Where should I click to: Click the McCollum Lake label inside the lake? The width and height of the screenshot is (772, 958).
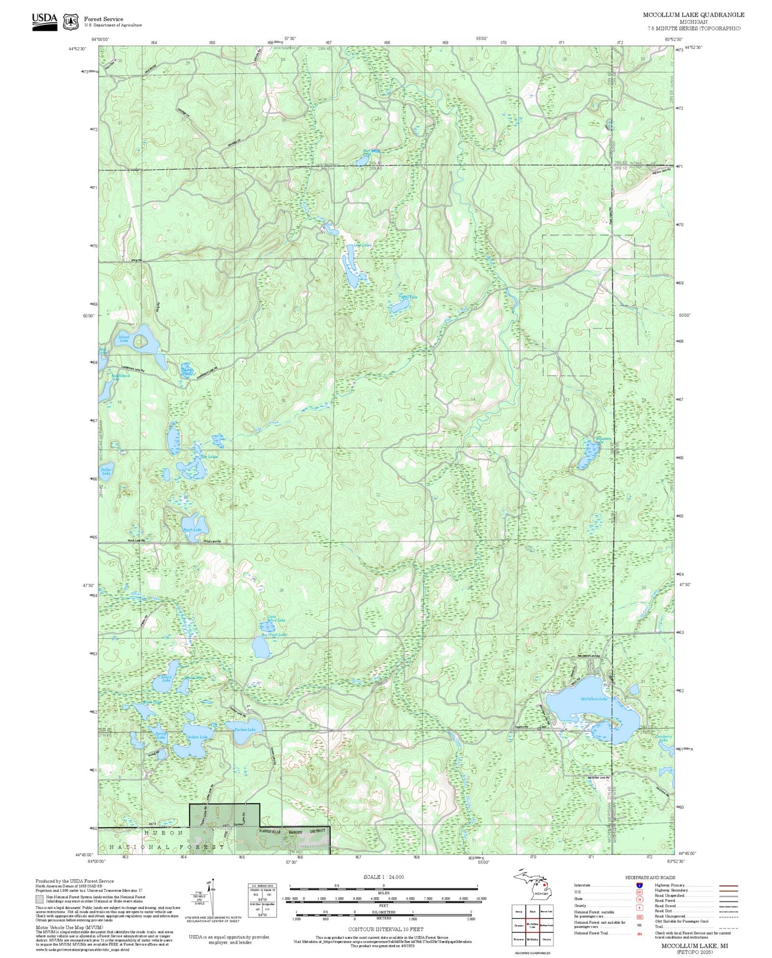594,698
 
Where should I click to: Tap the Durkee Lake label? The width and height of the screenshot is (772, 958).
245,729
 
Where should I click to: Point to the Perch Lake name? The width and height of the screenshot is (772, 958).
192,530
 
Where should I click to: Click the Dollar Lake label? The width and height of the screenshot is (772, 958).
106,472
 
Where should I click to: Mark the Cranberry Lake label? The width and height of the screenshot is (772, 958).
663,738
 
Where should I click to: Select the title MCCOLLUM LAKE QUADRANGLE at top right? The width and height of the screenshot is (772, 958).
693,15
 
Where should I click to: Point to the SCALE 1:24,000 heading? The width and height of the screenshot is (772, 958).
383,877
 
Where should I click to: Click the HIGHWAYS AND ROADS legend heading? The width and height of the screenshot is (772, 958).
650,877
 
